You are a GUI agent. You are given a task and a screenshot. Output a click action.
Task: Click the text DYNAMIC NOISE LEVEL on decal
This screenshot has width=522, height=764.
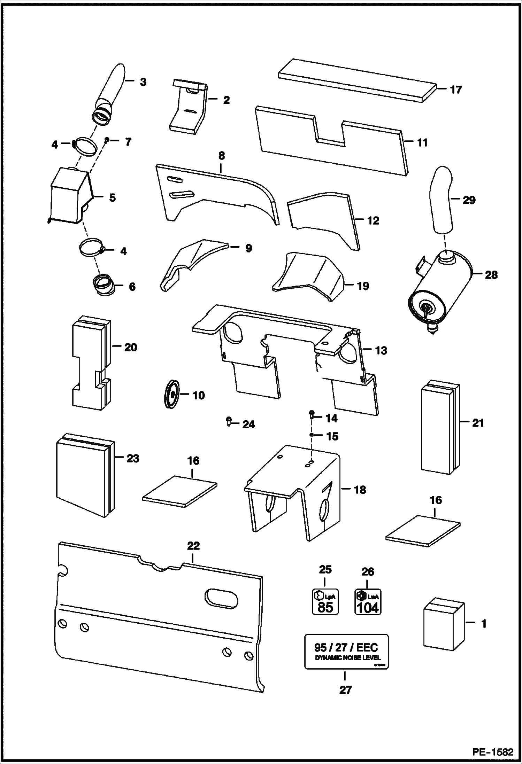(x=347, y=658)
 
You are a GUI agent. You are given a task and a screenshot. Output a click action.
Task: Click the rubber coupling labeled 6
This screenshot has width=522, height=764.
(x=103, y=286)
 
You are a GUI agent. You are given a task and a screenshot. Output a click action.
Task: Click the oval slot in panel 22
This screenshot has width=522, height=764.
(x=222, y=599)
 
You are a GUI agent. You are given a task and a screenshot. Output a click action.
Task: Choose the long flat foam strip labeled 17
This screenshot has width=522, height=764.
(x=357, y=81)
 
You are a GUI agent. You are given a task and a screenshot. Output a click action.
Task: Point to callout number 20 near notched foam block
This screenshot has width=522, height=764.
(x=131, y=347)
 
